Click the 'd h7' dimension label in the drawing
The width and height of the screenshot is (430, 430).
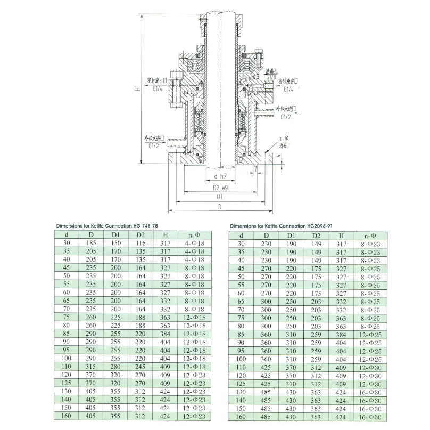(x=220, y=176)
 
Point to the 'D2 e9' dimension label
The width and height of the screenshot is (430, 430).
(x=220, y=188)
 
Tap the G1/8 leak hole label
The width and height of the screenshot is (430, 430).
(x=271, y=77)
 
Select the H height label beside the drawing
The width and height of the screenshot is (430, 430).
(x=138, y=89)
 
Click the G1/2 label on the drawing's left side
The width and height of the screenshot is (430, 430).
(x=154, y=145)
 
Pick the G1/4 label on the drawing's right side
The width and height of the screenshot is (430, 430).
(x=288, y=89)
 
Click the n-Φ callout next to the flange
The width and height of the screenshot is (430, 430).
(x=283, y=139)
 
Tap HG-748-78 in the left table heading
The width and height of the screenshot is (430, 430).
(x=145, y=226)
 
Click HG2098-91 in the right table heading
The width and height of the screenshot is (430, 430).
(x=320, y=226)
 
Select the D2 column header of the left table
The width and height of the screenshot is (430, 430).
(x=140, y=235)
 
